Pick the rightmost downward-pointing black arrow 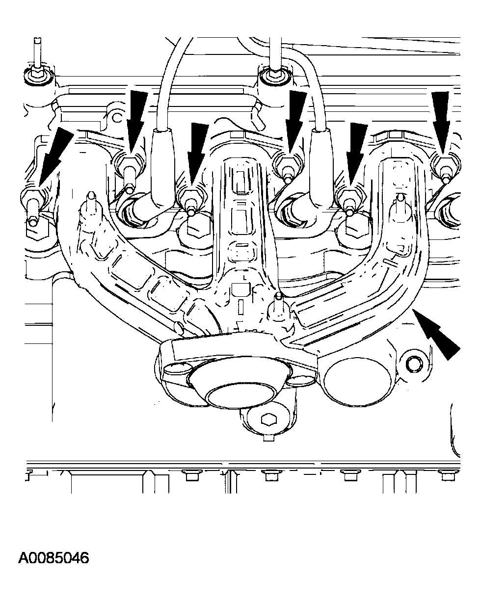tap(441, 123)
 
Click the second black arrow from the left tap(136, 123)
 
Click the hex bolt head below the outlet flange tap(269, 419)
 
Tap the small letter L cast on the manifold tap(244, 278)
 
